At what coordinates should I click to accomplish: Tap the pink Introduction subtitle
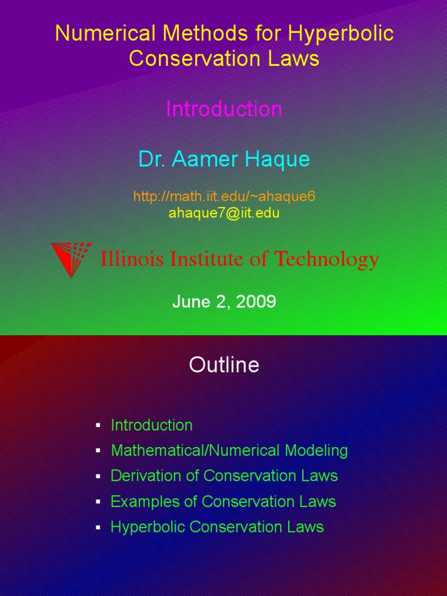tap(224, 109)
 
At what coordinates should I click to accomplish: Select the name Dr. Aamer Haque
tap(224, 159)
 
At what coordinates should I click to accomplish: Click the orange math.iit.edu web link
tap(224, 197)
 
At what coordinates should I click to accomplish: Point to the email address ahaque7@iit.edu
tap(224, 213)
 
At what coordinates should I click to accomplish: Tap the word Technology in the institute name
tap(327, 260)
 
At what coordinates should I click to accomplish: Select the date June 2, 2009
tap(224, 301)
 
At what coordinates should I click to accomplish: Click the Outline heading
tap(224, 366)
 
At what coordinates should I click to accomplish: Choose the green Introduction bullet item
tap(151, 425)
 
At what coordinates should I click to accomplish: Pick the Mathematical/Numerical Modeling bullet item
tap(229, 450)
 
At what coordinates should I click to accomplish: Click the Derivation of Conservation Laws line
tap(224, 476)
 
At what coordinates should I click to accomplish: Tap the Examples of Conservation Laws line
tap(223, 502)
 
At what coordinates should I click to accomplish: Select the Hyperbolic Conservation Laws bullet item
tap(217, 527)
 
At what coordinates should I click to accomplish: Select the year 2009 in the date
tap(256, 301)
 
